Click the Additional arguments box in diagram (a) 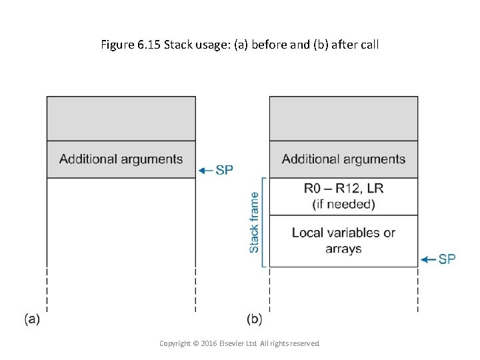pos(121,159)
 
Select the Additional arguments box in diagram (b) pos(343,159)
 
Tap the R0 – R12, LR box pos(343,196)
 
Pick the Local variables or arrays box pos(343,241)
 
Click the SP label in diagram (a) pos(225,170)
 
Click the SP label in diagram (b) pos(447,259)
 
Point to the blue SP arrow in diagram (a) pos(206,170)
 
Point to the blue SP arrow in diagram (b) pos(429,259)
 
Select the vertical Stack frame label pos(254,223)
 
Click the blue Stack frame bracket pos(264,223)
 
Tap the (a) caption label pos(32,319)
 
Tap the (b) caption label pos(254,319)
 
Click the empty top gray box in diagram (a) pos(121,118)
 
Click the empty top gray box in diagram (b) pos(343,118)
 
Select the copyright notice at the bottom pos(239,343)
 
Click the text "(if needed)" pos(343,204)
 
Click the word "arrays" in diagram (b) pos(343,249)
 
